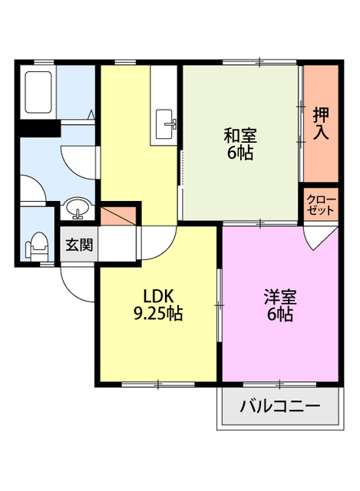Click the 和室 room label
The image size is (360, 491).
[239, 135]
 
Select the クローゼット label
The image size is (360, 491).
[321, 204]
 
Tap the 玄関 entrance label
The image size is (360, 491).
[78, 245]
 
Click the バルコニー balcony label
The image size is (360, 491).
[279, 407]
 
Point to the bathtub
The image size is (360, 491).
[38, 91]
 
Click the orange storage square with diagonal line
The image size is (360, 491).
[120, 215]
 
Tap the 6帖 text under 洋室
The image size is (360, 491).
[280, 314]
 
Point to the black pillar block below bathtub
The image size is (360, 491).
[38, 129]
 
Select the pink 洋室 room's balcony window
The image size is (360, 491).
[279, 382]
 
